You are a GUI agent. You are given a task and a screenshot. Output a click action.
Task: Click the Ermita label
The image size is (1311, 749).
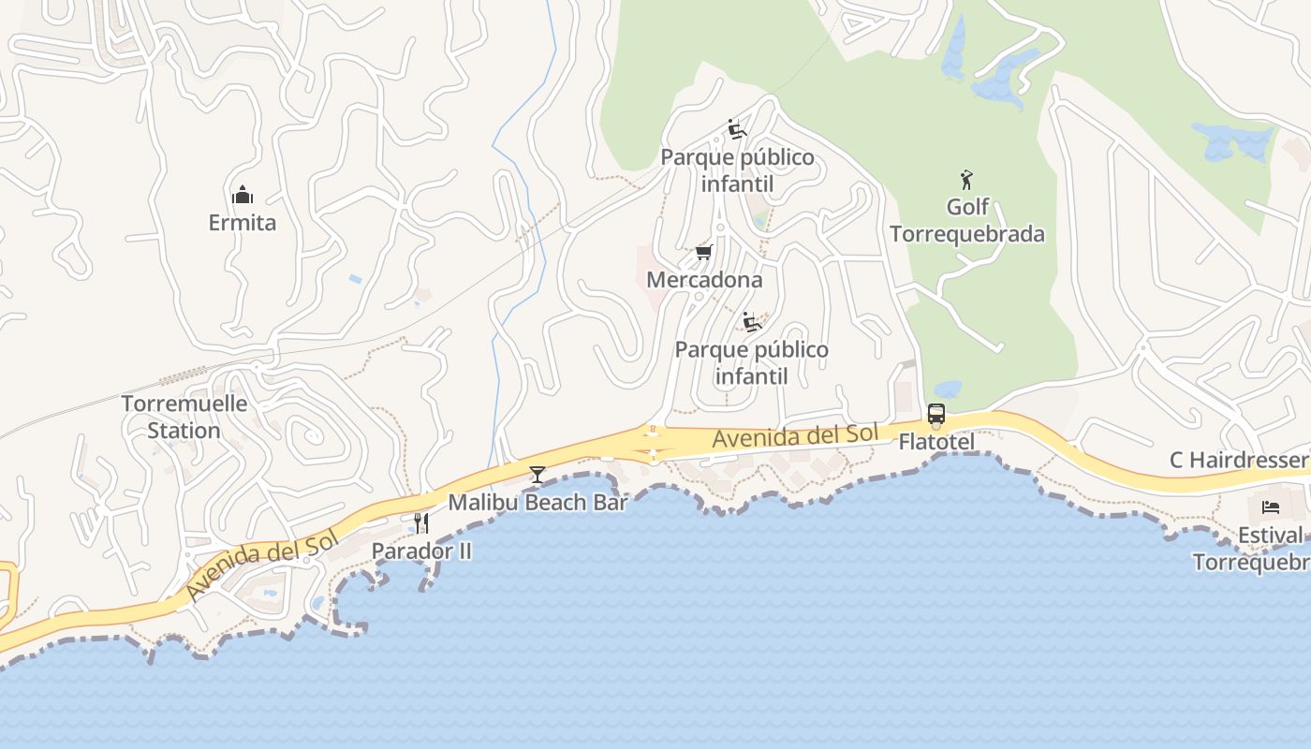(243, 223)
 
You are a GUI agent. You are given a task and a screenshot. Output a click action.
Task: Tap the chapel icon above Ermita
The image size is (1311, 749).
(243, 196)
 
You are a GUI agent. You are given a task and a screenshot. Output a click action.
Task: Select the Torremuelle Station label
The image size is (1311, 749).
(184, 418)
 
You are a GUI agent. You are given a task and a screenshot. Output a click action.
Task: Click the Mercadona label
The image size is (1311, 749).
(704, 280)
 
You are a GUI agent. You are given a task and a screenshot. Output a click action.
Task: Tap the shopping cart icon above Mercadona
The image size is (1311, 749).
(704, 253)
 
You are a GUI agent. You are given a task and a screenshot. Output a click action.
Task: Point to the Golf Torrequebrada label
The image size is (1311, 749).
(967, 221)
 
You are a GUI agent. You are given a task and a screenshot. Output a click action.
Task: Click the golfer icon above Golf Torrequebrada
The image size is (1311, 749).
(967, 180)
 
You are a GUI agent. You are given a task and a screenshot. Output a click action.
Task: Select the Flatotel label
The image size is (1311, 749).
(936, 442)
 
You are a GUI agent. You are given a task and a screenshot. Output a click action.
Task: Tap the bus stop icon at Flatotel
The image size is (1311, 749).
(935, 414)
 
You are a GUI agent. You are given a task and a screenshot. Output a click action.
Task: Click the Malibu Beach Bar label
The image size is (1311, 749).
(538, 502)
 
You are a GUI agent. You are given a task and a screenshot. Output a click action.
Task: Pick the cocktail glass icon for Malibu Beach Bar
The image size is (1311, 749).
(538, 475)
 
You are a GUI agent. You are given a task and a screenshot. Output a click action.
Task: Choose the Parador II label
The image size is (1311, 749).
(421, 551)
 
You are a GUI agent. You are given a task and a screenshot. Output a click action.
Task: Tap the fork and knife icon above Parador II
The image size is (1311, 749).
(421, 522)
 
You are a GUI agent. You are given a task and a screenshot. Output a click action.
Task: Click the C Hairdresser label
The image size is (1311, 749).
(1240, 461)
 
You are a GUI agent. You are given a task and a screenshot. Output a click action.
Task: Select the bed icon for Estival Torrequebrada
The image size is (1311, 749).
(1270, 507)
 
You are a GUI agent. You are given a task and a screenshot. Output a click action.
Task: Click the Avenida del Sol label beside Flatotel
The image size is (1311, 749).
(795, 435)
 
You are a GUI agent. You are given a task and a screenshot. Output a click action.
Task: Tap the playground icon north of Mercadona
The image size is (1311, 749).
(737, 129)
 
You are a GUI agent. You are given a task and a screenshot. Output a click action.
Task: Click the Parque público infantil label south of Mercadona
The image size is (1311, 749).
(751, 363)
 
